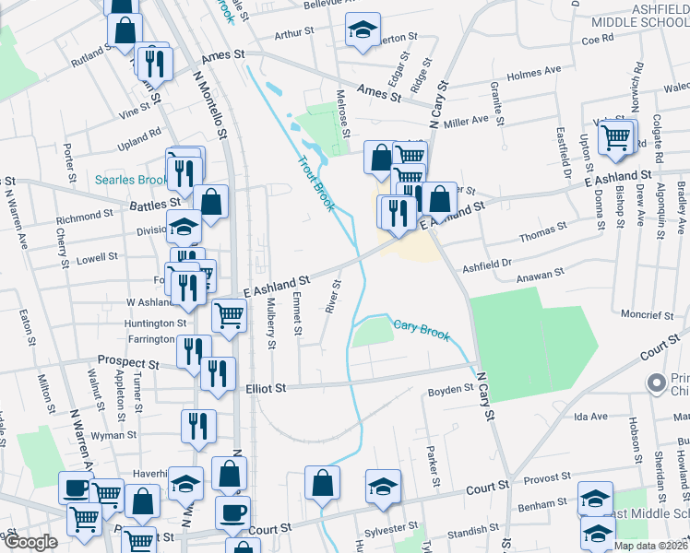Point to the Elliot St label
click(267, 389)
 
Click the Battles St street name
click(155, 203)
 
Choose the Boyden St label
click(449, 392)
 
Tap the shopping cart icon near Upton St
click(615, 138)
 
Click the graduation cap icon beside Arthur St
click(363, 30)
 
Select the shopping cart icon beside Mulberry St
click(230, 315)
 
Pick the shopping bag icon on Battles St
click(212, 202)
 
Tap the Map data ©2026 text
click(650, 546)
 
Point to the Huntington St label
click(156, 324)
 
